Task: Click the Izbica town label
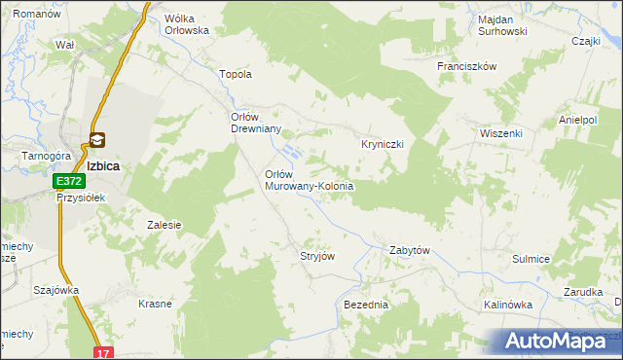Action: pos(102,165)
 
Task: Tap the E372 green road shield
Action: pos(68,181)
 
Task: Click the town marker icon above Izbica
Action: pos(98,140)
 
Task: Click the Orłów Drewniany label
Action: pos(255,123)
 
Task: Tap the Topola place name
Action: pos(238,74)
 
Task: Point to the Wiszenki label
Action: pos(501,133)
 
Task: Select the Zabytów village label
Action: pos(409,250)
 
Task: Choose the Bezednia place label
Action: pos(366,305)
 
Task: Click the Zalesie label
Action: pos(165,225)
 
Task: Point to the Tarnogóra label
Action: pos(35,155)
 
